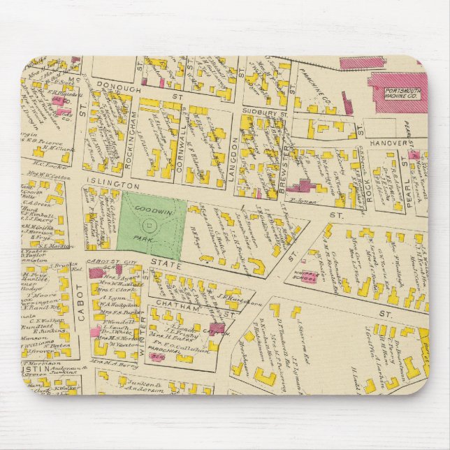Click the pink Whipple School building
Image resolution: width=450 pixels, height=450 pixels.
pyautogui.click(x=307, y=278)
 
